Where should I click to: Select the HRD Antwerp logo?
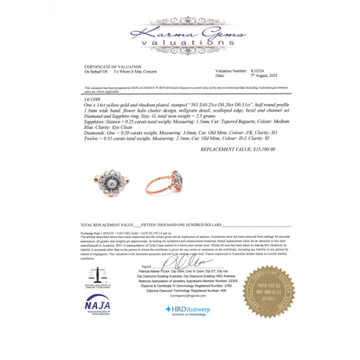pos(190,332)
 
